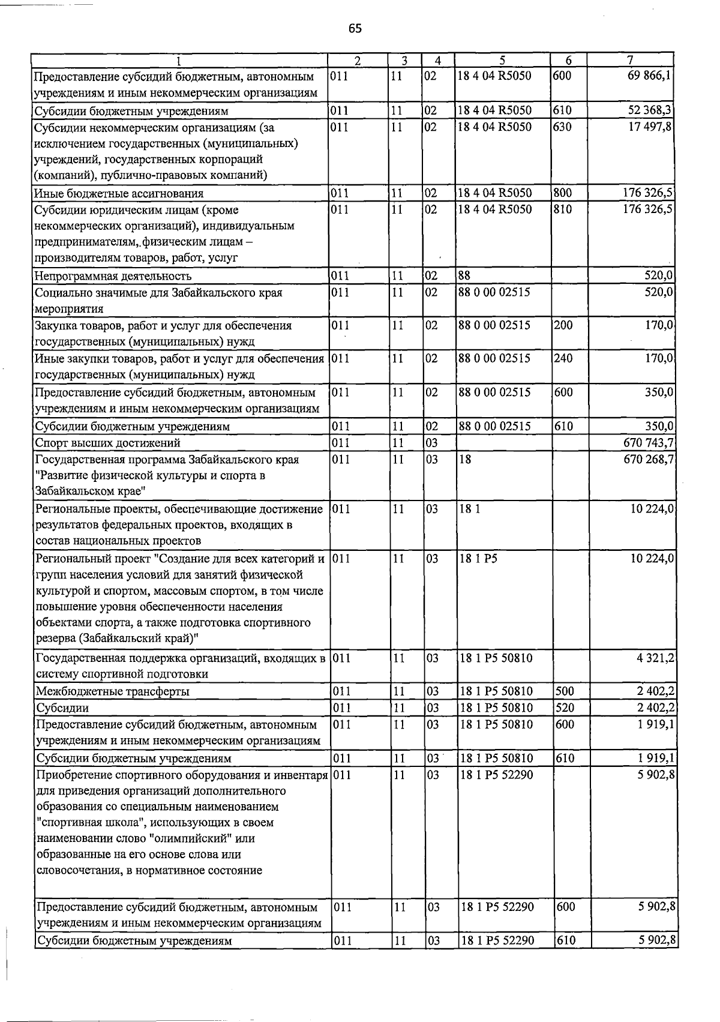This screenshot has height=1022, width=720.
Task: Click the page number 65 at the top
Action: tap(355, 28)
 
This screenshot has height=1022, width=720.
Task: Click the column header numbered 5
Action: tap(502, 60)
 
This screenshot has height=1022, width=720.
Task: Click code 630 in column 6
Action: tap(563, 127)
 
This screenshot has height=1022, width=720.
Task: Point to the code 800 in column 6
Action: tap(563, 193)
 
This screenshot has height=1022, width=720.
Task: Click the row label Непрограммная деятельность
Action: tap(113, 276)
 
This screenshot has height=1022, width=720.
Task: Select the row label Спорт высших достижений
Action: tap(108, 443)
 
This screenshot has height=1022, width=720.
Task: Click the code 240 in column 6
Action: tap(563, 359)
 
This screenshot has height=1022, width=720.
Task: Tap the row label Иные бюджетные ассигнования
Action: tap(119, 193)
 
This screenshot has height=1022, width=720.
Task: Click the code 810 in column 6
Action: tap(563, 210)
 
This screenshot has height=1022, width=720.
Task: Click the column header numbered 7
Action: tap(630, 60)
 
